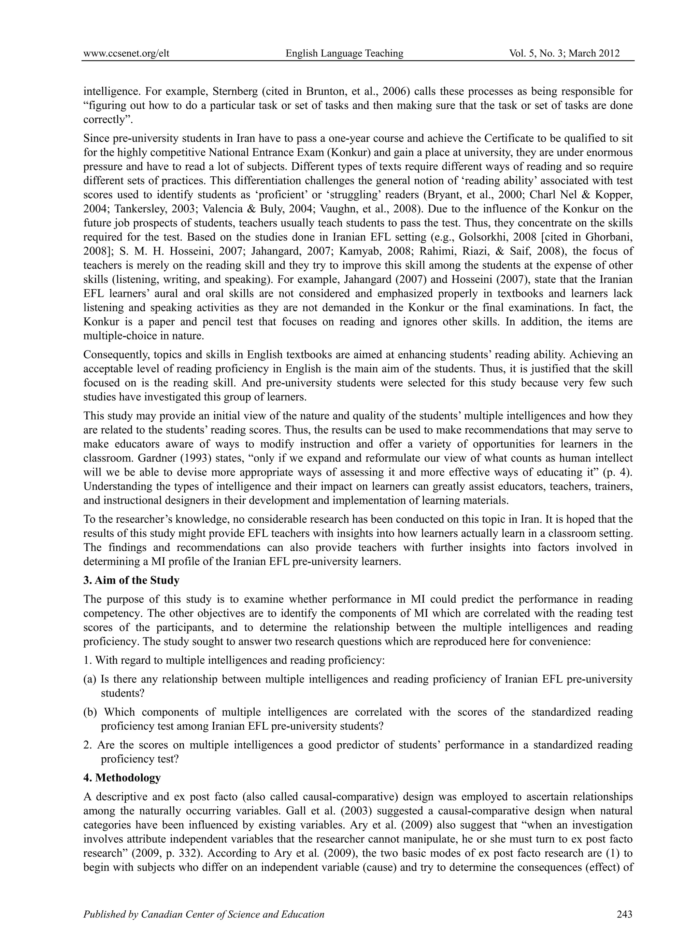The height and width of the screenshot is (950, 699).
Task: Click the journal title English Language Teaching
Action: coord(344,53)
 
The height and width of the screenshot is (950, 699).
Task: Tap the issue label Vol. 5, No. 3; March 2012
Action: coord(565,53)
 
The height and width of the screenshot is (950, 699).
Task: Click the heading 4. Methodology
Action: coord(122,777)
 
